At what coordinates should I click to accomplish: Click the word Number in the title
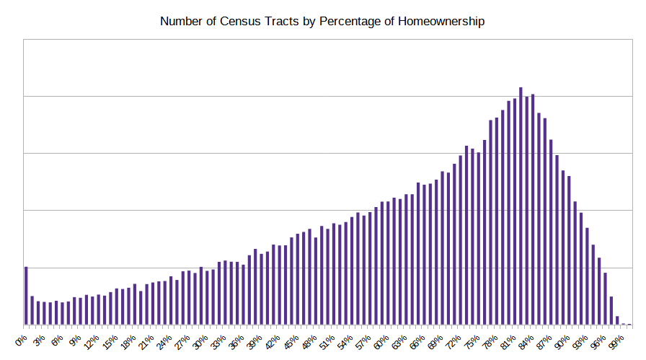click(183, 22)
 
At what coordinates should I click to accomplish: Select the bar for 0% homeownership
click(26, 296)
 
